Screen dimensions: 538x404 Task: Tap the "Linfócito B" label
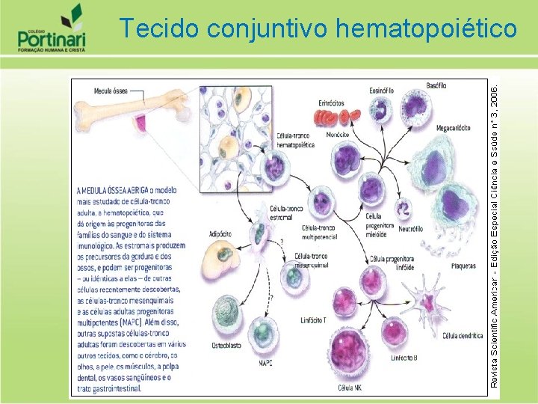click(404, 358)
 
